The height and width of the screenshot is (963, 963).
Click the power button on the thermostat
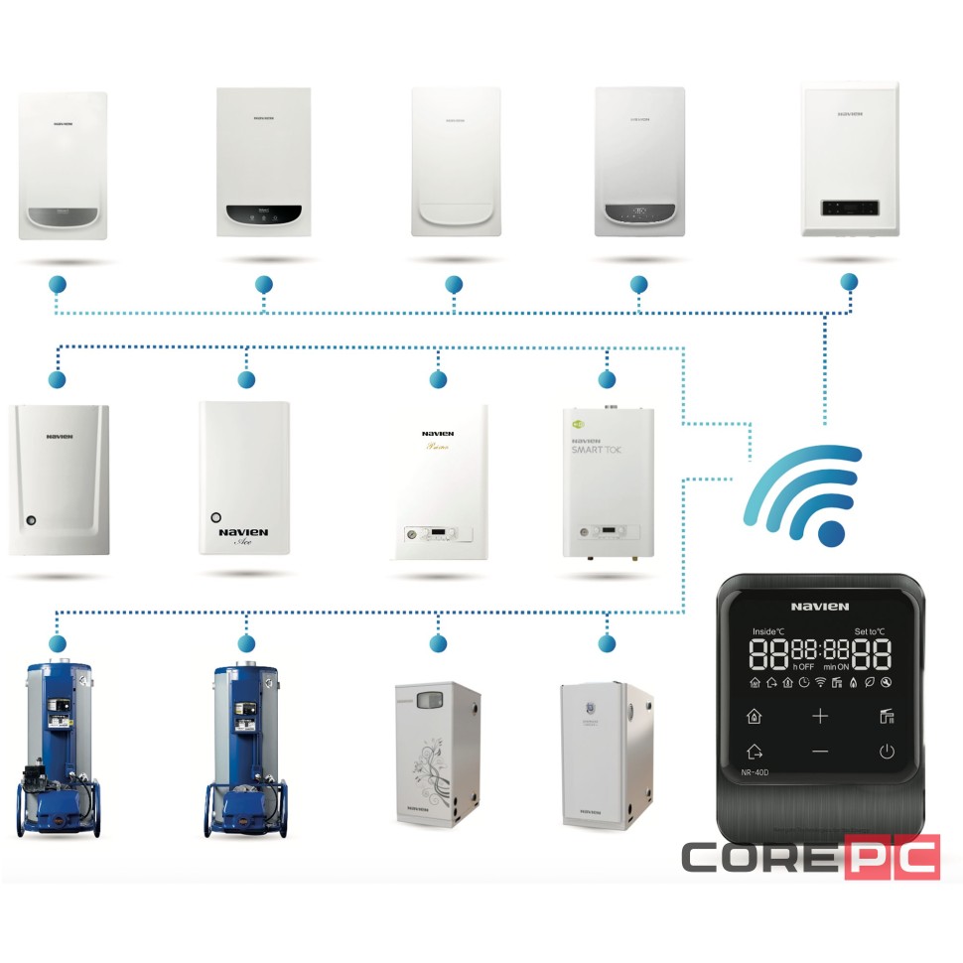coord(886,752)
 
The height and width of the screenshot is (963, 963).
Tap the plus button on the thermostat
coord(820,716)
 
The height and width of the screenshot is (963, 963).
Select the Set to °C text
coord(871,631)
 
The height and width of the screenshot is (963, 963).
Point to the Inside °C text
coord(769,631)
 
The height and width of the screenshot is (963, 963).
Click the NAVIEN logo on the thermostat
coord(820,606)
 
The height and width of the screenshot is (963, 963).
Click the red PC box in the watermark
coord(892,857)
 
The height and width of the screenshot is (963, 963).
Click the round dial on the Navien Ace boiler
coord(215,517)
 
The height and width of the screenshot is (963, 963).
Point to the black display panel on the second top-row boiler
coord(263,212)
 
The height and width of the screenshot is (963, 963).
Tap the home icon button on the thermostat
coord(754,716)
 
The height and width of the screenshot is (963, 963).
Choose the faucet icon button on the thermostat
coord(886,716)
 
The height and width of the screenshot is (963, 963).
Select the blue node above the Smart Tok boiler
coord(607,379)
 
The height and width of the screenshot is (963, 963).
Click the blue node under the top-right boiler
coord(848,282)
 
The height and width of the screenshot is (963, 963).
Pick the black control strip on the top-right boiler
coord(850,206)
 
